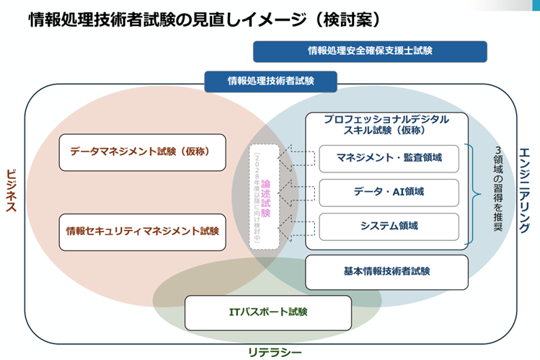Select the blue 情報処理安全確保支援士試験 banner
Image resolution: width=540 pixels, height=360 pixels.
coord(370,51)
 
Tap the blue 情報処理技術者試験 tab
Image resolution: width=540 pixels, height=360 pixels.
coord(270,81)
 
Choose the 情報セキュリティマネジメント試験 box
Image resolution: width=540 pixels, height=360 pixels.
coord(141,232)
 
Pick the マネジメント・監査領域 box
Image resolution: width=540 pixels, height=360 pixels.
coord(389,157)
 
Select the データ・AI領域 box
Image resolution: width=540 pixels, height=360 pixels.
coord(389,192)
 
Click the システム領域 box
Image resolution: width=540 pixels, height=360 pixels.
coord(389,226)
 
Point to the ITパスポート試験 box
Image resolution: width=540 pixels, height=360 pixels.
coord(262,312)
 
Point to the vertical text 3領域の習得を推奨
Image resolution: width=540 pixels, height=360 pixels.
coord(498,189)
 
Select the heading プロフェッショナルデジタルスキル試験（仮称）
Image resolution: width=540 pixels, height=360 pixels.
coord(386,124)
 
